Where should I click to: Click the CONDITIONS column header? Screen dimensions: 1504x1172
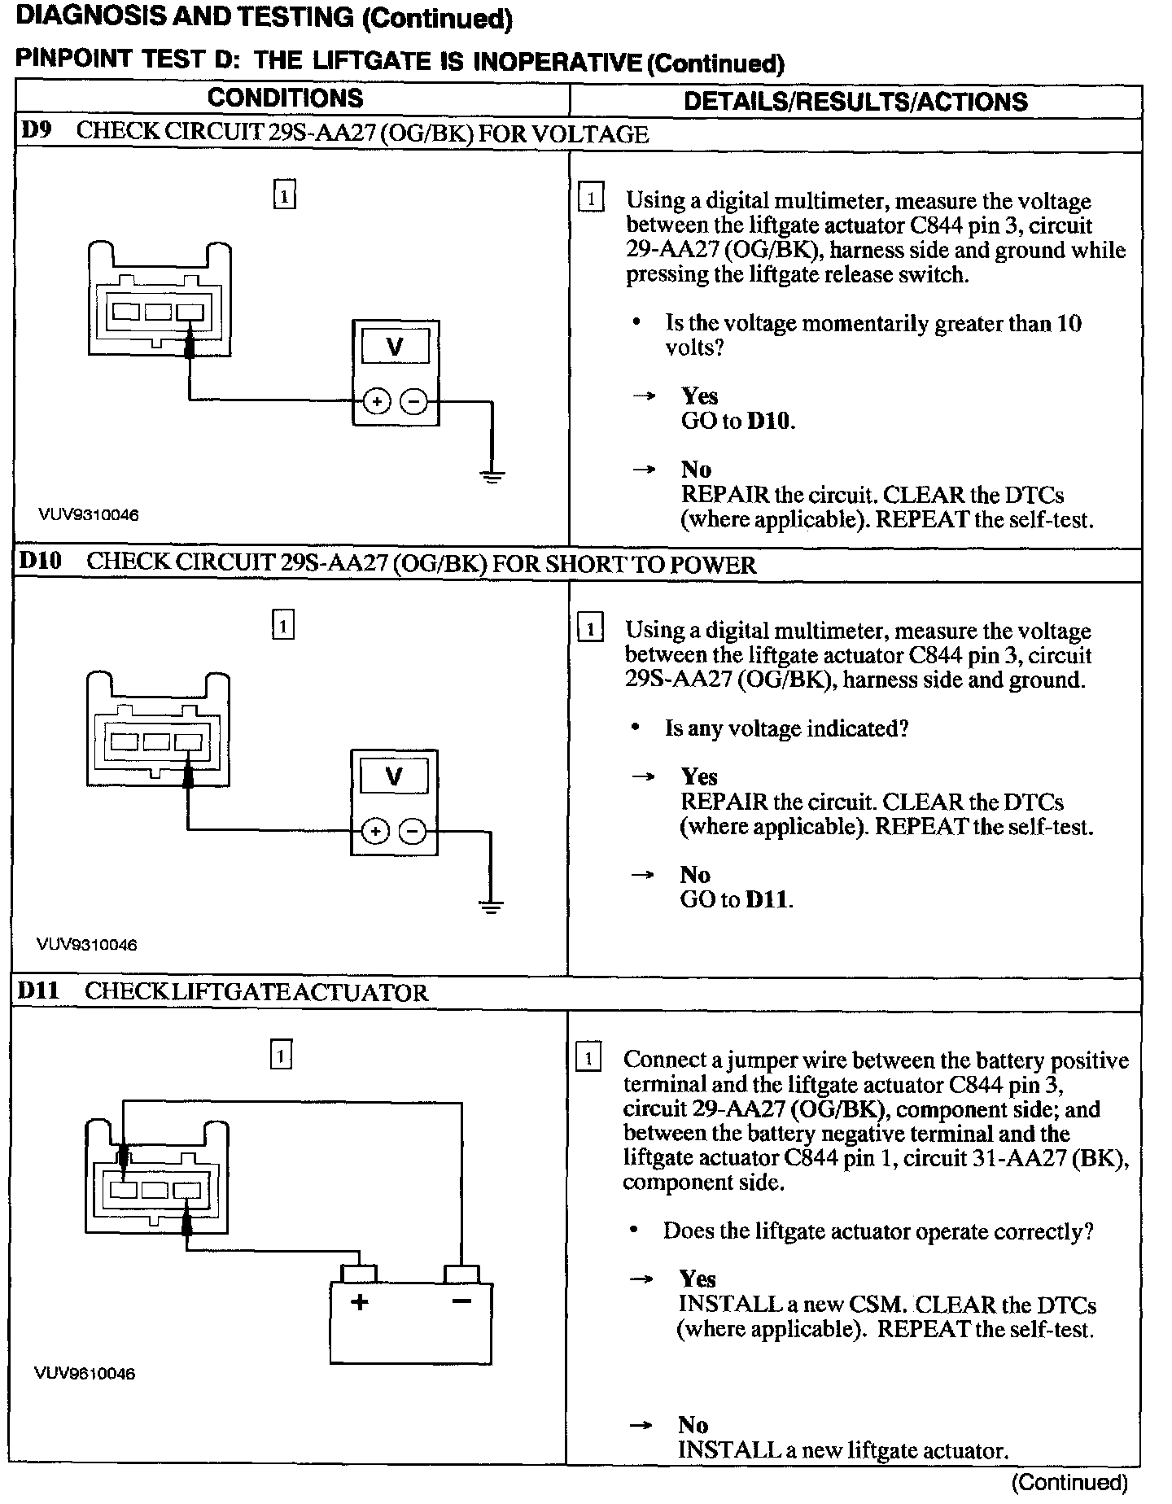[x=285, y=98]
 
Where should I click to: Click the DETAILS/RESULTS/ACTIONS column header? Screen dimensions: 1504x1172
[x=855, y=101]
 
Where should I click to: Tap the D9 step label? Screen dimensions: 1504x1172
[x=35, y=131]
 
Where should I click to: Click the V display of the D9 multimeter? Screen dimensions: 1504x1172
[x=395, y=348]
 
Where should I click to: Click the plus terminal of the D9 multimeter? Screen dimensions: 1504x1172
[x=376, y=401]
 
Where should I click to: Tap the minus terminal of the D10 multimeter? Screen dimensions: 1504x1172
[x=413, y=831]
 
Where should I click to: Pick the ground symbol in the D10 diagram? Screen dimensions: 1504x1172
[x=491, y=906]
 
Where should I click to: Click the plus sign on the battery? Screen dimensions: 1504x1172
[x=359, y=1301]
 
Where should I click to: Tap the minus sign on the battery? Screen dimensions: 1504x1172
[x=461, y=1301]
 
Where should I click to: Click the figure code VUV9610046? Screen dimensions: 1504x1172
[x=85, y=1374]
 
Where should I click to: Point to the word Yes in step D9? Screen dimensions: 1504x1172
[x=699, y=396]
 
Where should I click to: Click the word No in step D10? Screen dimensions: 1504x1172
[x=695, y=875]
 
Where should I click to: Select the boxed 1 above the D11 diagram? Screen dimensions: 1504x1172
[x=280, y=1056]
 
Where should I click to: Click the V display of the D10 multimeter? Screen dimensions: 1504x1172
[x=394, y=776]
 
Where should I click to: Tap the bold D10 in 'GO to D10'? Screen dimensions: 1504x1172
[x=769, y=422]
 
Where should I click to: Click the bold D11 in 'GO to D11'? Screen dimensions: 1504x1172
[x=767, y=899]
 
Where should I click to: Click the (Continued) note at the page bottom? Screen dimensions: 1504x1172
[x=1069, y=1483]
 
